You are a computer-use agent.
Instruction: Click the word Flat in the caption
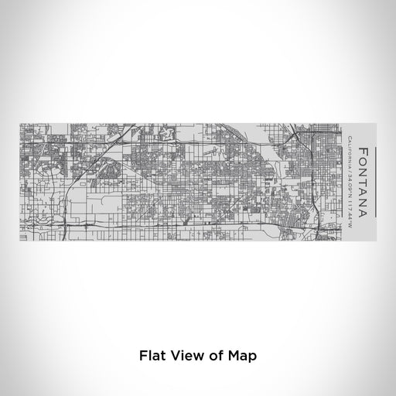(x=152, y=357)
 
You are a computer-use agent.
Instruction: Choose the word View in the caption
(x=186, y=357)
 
